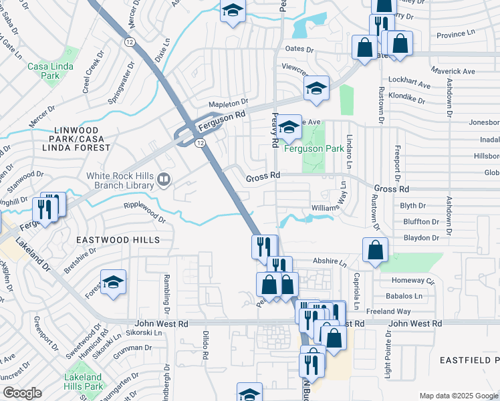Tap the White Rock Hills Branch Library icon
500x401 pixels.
click(x=163, y=179)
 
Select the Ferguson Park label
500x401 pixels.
click(x=314, y=148)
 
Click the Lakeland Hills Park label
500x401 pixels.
click(x=84, y=382)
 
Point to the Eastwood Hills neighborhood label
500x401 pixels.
click(x=118, y=239)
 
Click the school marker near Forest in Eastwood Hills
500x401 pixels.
click(x=113, y=282)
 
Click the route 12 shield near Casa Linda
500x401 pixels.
click(x=129, y=42)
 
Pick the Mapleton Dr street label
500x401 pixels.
click(x=228, y=104)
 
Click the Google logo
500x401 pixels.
click(x=22, y=393)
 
